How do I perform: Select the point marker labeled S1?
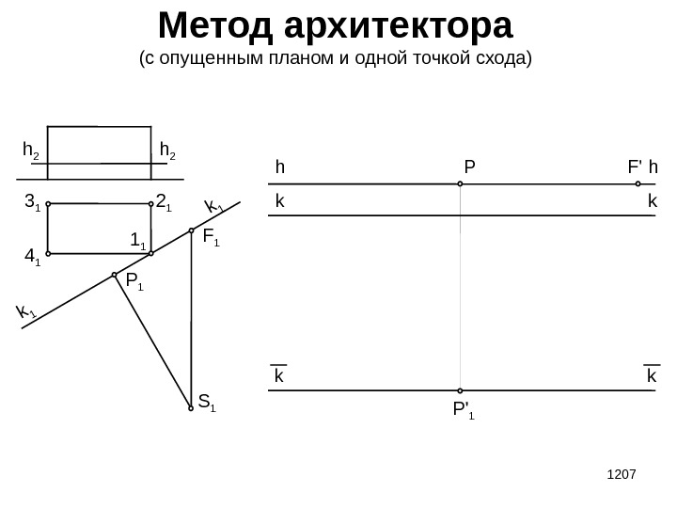(190, 408)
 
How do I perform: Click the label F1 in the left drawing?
(211, 238)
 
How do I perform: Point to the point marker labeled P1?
(115, 275)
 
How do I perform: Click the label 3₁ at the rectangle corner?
(31, 202)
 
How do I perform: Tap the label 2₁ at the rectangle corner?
(163, 201)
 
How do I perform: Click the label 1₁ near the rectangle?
(137, 239)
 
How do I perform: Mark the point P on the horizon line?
(461, 184)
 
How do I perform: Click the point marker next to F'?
(638, 184)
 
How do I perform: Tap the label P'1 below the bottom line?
(463, 410)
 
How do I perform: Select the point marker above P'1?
(461, 390)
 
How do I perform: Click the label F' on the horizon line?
(635, 167)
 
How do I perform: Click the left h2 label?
(31, 150)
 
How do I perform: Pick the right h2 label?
(168, 150)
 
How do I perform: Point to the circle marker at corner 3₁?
(48, 203)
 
